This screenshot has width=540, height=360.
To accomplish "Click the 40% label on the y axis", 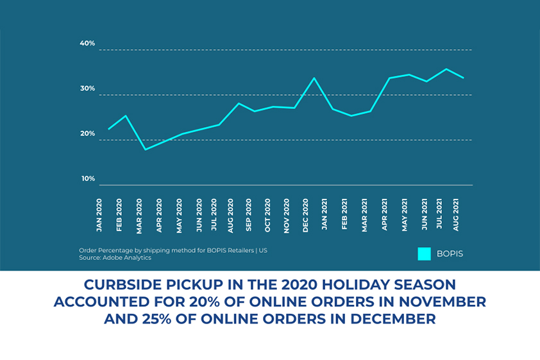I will coord(87,44).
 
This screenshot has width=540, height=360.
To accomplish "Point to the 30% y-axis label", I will coord(87,89).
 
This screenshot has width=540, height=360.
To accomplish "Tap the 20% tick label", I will coord(87,133).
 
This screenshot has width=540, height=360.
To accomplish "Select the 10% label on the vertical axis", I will coord(87,178).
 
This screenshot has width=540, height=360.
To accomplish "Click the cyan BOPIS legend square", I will coord(424,253).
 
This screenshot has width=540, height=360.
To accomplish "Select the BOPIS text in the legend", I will coord(450,254).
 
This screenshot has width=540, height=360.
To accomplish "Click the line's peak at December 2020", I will coord(314,78).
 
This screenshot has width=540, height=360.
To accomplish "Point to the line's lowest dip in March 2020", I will coord(145,150).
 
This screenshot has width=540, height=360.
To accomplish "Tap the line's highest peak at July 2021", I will coord(446,69).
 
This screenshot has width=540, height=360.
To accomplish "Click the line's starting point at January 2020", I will coord(108,129).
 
